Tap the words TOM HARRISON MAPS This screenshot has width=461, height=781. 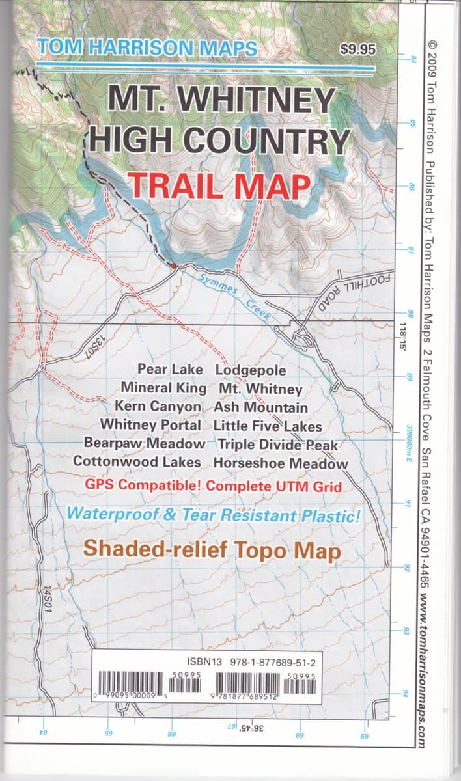[x=148, y=48]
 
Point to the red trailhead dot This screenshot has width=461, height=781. [x=173, y=266]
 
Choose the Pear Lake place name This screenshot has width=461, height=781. [x=170, y=370]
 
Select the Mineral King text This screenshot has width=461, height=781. [x=163, y=389]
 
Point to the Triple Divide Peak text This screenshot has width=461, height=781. [x=279, y=445]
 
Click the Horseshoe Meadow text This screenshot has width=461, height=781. [x=281, y=463]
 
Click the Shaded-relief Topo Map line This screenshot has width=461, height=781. [x=213, y=550]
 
